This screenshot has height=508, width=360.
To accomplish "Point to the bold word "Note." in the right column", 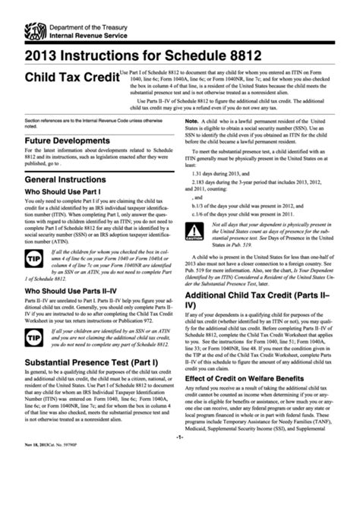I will pyautogui.click(x=191, y=120).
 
